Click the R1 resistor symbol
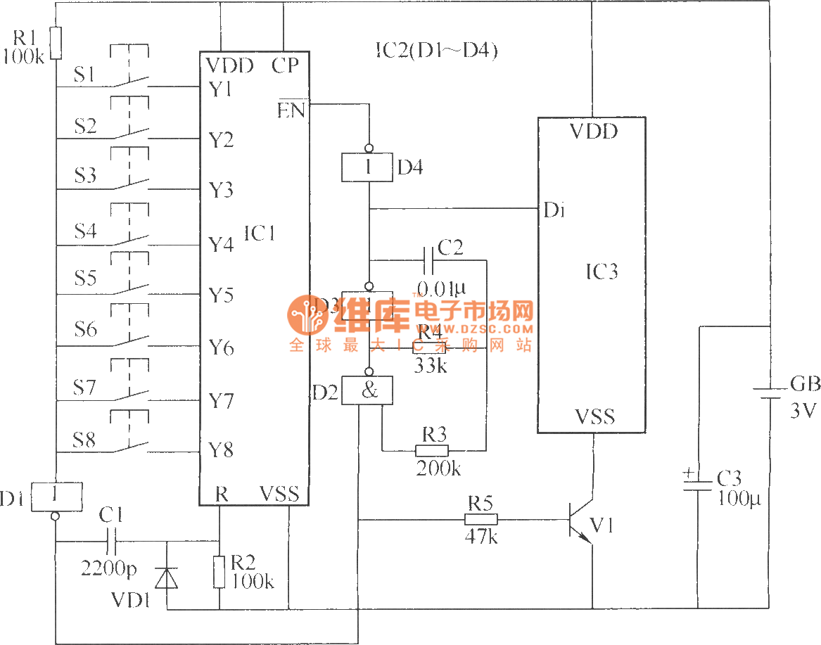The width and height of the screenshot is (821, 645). click(x=55, y=43)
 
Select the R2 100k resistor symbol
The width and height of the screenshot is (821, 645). click(x=219, y=570)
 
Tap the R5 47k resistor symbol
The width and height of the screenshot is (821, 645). click(x=480, y=519)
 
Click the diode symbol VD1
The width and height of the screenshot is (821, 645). click(x=167, y=577)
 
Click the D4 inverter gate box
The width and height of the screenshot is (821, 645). click(x=368, y=167)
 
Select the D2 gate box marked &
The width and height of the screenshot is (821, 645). click(x=367, y=390)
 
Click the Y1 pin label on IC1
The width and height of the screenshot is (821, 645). click(x=221, y=90)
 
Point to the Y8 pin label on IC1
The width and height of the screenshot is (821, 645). click(x=221, y=450)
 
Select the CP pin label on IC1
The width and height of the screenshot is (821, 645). click(x=285, y=65)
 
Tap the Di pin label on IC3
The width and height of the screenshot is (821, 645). click(x=553, y=210)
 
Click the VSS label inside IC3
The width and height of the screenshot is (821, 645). click(x=594, y=417)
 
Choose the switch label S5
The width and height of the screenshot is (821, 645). click(x=85, y=279)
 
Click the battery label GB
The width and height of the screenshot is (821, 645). click(x=805, y=384)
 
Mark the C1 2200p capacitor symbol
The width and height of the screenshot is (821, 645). click(x=112, y=542)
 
